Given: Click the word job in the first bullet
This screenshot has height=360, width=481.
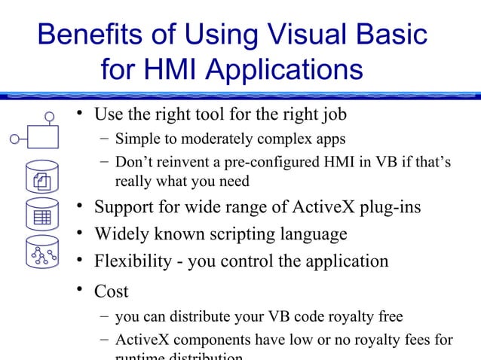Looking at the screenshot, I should pyautogui.click(x=331, y=115).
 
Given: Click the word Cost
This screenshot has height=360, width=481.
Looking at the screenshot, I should pyautogui.click(x=111, y=291).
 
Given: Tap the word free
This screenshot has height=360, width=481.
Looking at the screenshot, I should pyautogui.click(x=388, y=316).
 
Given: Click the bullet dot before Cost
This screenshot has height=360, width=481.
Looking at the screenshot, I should pyautogui.click(x=78, y=289).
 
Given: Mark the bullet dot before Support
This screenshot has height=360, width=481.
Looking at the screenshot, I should pyautogui.click(x=78, y=206).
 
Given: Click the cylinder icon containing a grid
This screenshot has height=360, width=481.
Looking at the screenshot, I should pyautogui.click(x=41, y=216).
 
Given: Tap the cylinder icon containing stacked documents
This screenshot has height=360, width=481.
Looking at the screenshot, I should pyautogui.click(x=41, y=178).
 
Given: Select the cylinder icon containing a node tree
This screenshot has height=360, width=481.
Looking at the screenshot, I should pyautogui.click(x=41, y=255).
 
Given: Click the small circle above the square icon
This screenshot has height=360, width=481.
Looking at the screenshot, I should pyautogui.click(x=50, y=116).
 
